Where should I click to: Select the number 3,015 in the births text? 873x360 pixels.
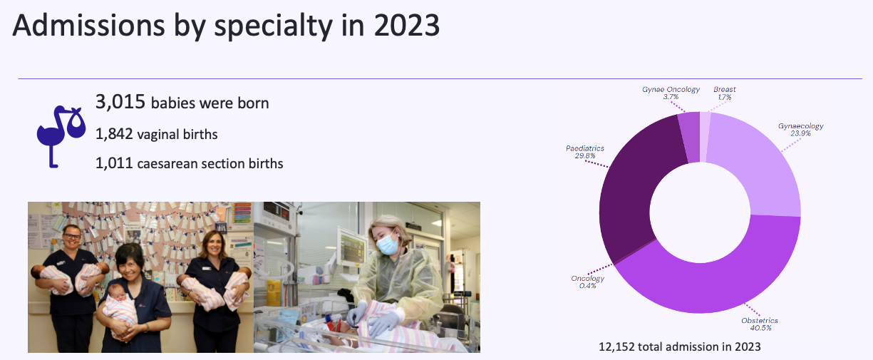120,102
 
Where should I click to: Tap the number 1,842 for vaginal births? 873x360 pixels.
114,134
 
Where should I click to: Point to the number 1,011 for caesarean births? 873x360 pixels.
114,163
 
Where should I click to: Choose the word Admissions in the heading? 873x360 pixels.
88,25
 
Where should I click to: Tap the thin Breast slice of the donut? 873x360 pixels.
705,136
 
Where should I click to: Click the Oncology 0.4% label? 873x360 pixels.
588,282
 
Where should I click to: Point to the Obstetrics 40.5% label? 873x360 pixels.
760,324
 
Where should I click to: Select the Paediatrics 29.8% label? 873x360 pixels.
585,152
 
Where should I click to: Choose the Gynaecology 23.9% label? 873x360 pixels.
800,130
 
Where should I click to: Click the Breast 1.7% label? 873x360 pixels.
725,93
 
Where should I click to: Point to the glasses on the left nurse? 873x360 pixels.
72,237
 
